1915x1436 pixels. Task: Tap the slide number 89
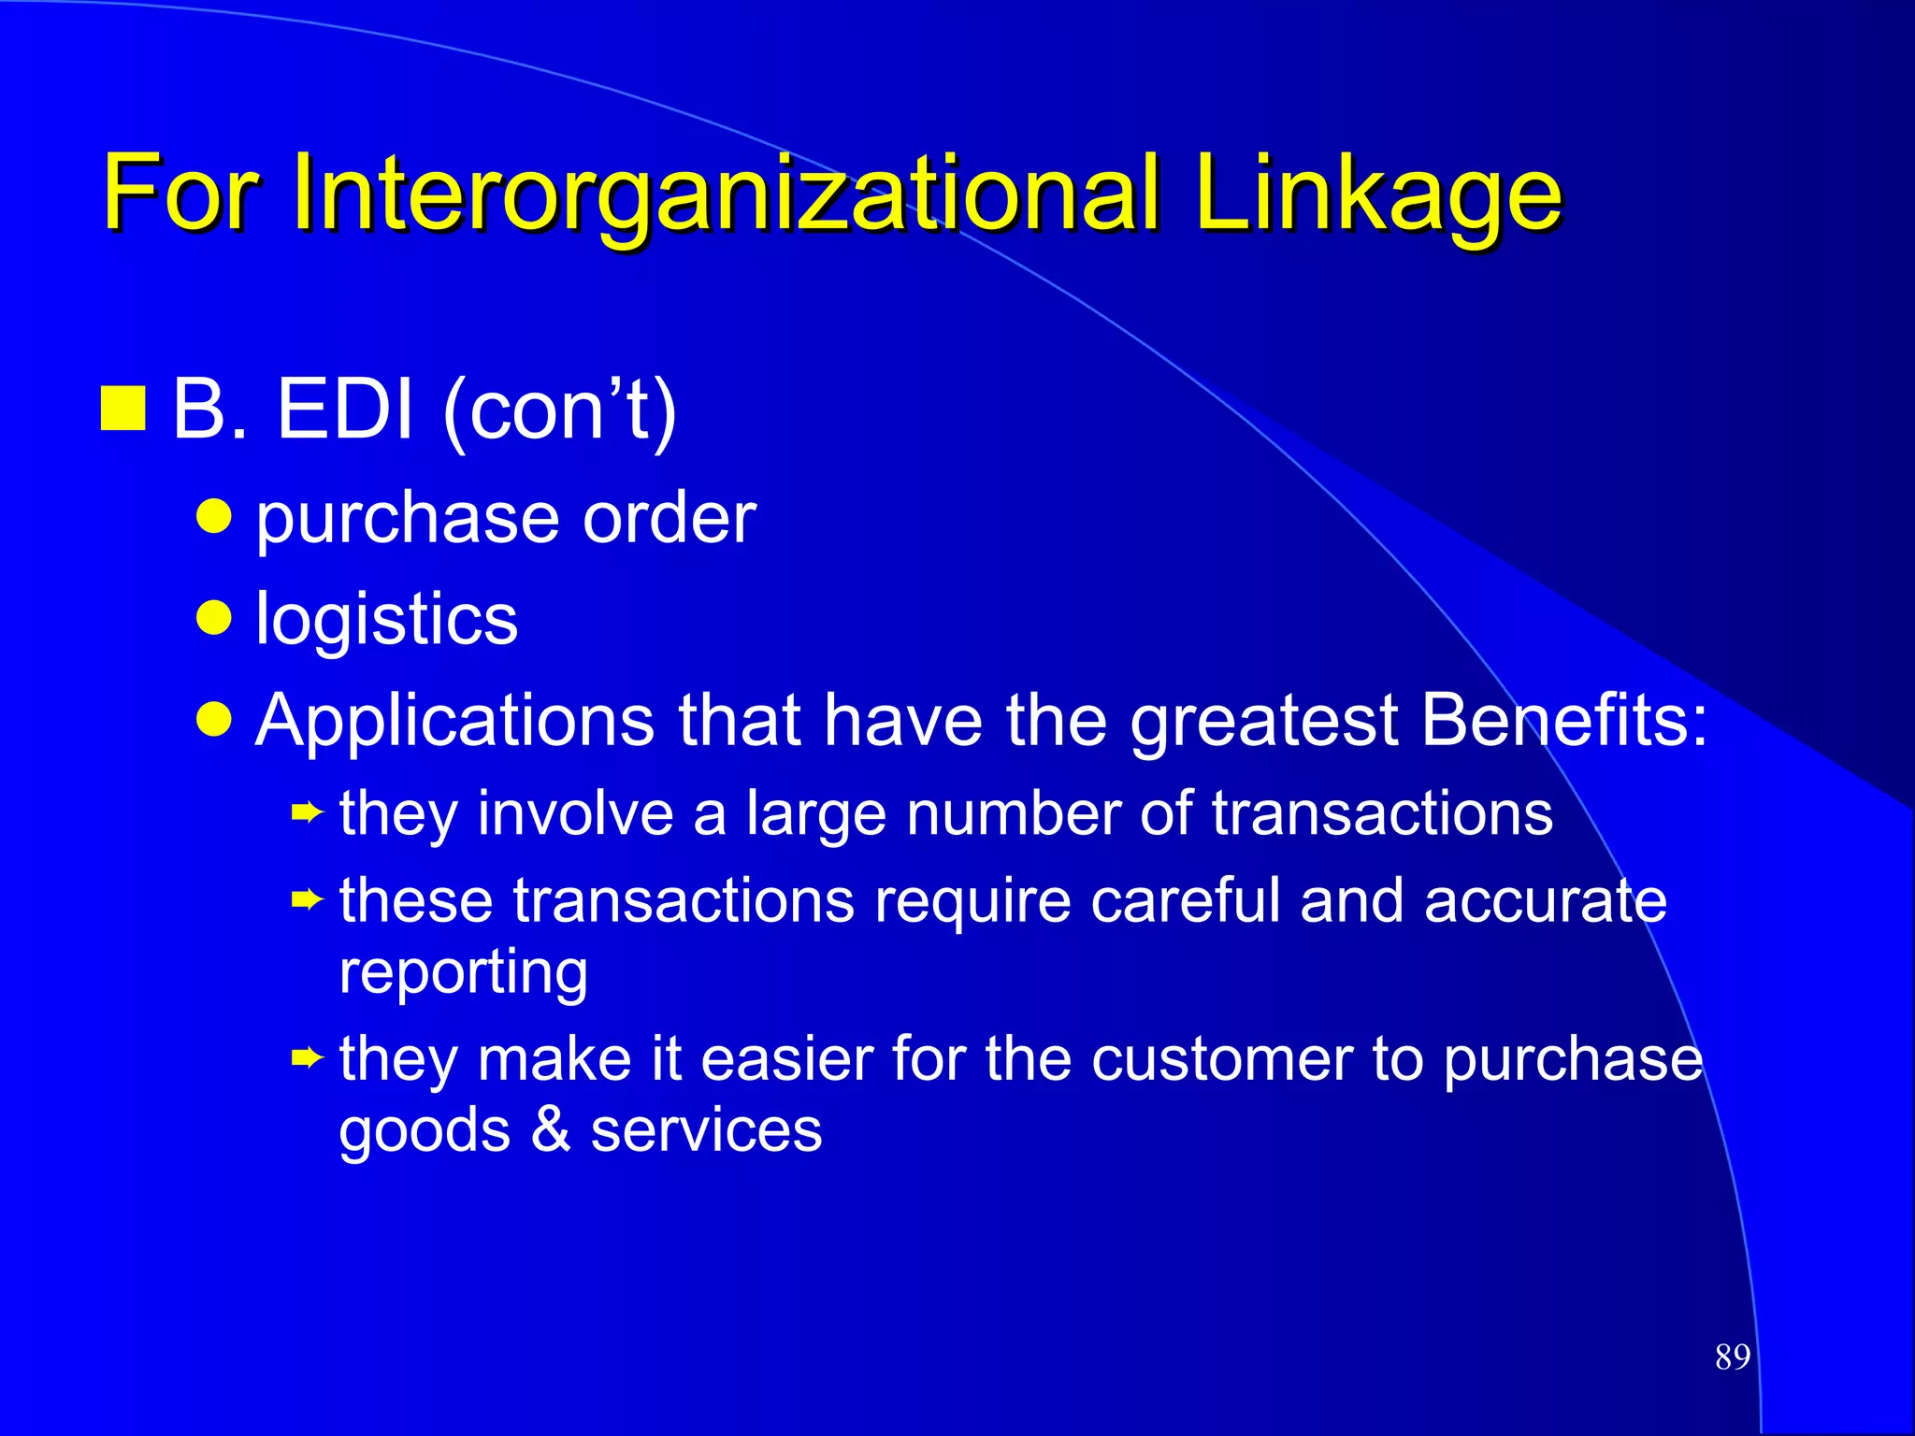1733,1357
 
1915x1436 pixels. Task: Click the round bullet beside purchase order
214,515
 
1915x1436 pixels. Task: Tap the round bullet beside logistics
214,617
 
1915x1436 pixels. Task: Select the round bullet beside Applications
214,719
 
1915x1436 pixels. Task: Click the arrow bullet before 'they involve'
307,813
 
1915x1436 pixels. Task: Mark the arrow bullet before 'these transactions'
307,901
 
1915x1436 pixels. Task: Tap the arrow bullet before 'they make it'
307,1059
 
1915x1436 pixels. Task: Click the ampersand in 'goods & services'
551,1129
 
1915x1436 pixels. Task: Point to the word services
706,1129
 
